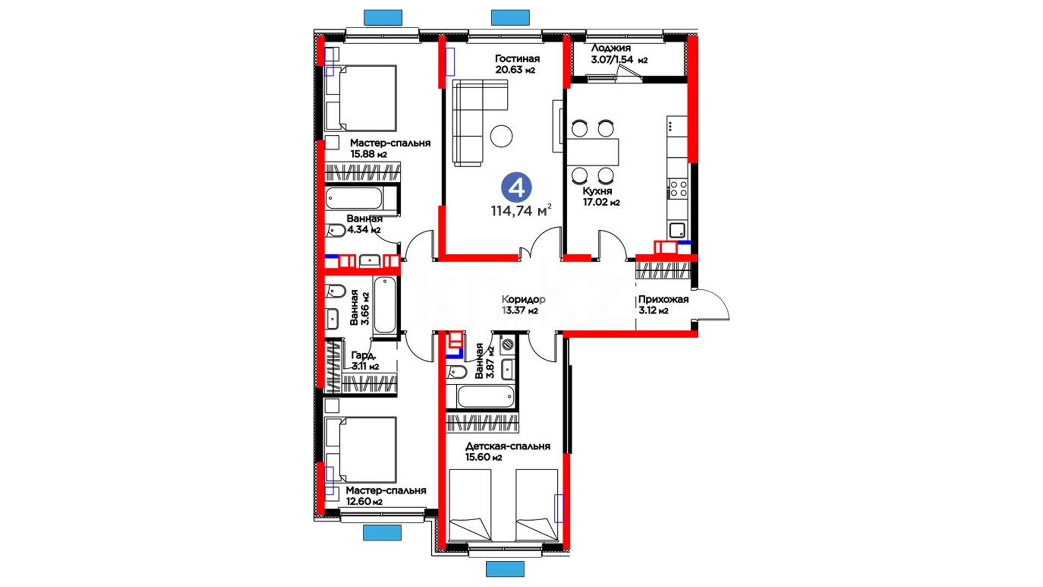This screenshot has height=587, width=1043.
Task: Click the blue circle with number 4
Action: (x=516, y=187)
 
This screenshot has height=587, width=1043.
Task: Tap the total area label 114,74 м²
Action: (x=521, y=210)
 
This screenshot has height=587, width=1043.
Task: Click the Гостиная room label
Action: (x=517, y=59)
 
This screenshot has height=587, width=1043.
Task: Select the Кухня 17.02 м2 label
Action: (x=601, y=197)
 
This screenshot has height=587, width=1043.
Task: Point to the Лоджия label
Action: (x=611, y=48)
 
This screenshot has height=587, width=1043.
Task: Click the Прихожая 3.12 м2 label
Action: (x=663, y=305)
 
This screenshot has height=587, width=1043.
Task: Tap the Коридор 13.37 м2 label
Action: (x=523, y=305)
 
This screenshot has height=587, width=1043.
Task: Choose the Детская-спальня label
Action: (x=508, y=446)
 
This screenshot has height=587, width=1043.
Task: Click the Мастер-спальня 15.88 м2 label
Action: (x=390, y=148)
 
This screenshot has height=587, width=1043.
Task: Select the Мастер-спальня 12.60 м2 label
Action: (x=386, y=496)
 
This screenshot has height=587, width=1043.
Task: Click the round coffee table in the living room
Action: (x=501, y=136)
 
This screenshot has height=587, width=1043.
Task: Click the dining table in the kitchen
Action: (x=593, y=152)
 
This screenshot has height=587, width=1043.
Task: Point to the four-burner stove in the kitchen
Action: (x=677, y=189)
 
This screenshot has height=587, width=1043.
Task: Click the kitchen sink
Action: (x=677, y=230)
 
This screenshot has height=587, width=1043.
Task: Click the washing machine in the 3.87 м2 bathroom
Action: (x=507, y=344)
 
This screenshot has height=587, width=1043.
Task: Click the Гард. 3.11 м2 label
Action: (x=365, y=360)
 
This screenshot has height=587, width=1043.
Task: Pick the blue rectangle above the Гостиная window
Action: (x=510, y=17)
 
